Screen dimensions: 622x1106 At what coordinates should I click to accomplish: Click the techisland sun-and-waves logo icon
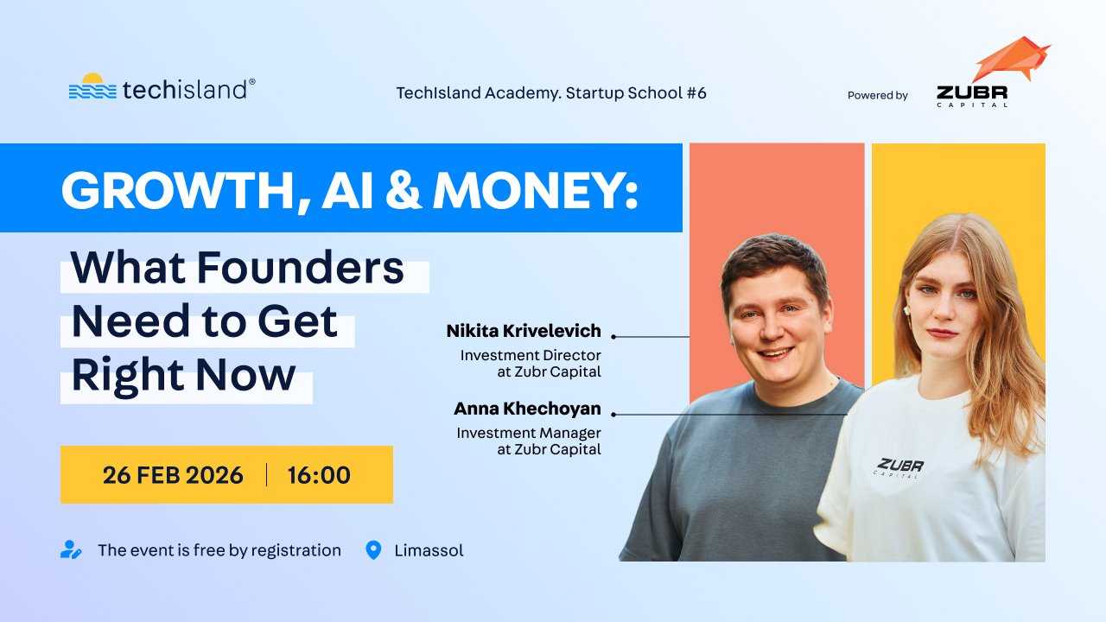coord(92,87)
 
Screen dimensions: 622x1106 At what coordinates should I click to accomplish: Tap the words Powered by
coord(877,96)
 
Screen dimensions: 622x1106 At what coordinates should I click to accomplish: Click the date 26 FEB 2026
coord(173,475)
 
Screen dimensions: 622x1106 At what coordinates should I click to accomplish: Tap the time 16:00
coord(319,475)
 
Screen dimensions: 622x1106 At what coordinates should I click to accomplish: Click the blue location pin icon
coord(373,550)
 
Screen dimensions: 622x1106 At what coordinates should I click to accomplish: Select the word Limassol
coord(429,550)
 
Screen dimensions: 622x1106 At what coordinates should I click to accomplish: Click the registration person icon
coord(71,550)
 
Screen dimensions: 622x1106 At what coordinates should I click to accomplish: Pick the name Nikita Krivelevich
coord(524,332)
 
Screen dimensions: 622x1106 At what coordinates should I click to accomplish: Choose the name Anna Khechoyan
coord(527,409)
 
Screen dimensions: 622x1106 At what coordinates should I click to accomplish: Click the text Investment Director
coord(531,355)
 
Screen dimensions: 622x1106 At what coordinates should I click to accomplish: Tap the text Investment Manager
coord(529,433)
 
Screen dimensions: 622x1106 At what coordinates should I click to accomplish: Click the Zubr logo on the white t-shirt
coord(899,466)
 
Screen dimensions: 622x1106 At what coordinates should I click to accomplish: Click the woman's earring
coord(907,309)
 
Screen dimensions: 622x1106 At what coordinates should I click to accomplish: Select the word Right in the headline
coord(127,375)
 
